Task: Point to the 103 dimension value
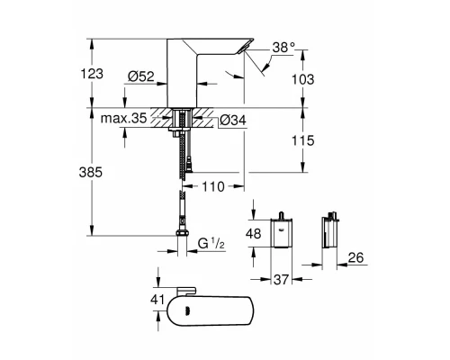click(306, 79)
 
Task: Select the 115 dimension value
click(306, 141)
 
